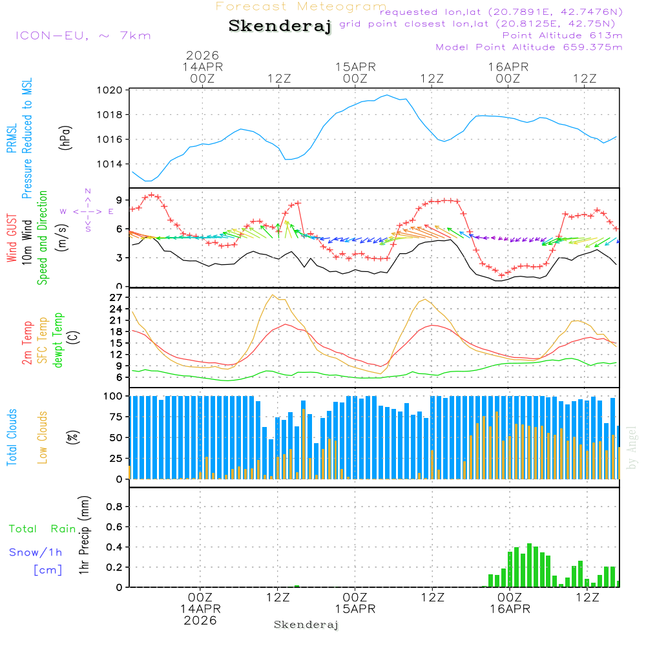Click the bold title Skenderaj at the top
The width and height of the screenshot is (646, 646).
(280, 26)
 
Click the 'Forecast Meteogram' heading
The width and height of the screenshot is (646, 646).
(301, 7)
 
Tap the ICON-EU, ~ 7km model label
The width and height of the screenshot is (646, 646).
(83, 36)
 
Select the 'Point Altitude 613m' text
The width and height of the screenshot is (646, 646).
(562, 36)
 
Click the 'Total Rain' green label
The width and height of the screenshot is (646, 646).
(43, 529)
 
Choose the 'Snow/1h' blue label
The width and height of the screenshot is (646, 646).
(36, 553)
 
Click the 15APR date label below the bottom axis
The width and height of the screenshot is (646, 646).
(355, 609)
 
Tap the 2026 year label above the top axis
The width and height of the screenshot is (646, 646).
(202, 56)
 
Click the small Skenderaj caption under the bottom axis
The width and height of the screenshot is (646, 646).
(306, 625)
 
